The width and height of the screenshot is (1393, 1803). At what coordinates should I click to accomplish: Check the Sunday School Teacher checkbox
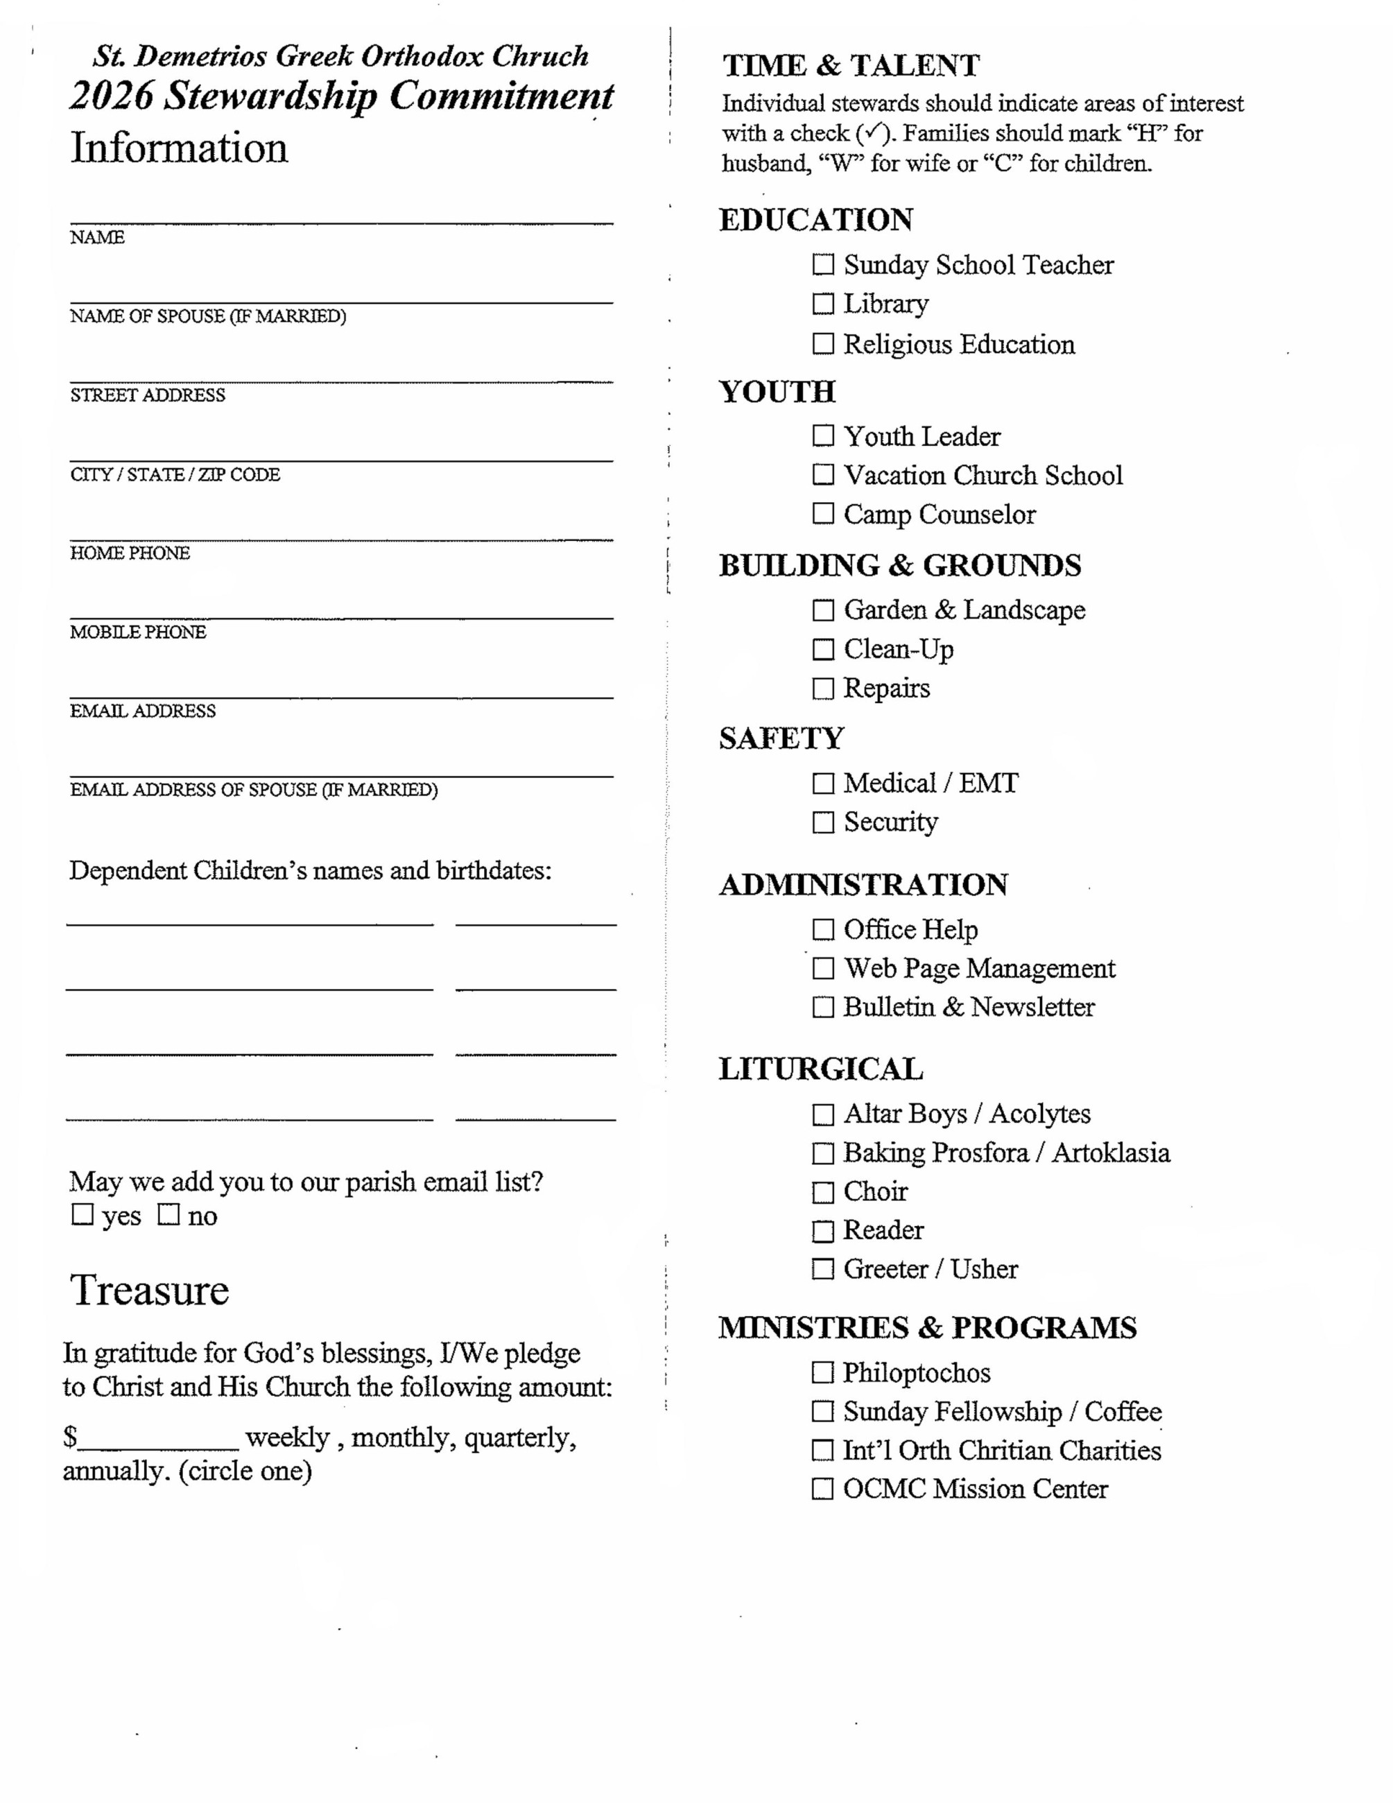click(823, 265)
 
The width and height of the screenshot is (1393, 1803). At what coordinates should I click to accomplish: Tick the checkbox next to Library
click(823, 304)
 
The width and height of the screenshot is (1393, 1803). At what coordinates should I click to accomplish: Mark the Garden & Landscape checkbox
click(823, 611)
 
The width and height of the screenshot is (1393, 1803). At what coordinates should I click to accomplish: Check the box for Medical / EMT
click(823, 784)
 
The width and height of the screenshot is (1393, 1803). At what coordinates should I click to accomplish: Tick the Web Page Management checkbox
click(823, 968)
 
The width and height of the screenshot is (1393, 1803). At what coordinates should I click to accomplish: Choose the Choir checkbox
click(823, 1192)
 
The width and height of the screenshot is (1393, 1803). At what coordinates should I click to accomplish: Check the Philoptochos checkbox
click(823, 1373)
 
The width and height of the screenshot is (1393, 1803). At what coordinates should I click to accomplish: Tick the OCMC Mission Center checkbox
click(823, 1490)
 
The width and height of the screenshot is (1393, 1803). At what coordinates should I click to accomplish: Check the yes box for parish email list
click(83, 1214)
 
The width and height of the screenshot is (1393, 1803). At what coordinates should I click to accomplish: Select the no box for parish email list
click(168, 1214)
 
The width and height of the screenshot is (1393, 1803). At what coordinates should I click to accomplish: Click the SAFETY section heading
click(781, 738)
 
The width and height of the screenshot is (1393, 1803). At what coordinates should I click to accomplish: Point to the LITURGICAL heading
click(820, 1069)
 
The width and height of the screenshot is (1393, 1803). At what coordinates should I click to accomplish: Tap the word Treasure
click(149, 1291)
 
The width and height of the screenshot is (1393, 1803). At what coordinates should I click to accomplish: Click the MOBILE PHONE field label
click(138, 632)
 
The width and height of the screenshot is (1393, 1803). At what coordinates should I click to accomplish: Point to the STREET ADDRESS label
click(147, 395)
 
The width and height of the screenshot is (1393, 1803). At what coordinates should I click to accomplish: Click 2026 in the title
click(112, 96)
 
